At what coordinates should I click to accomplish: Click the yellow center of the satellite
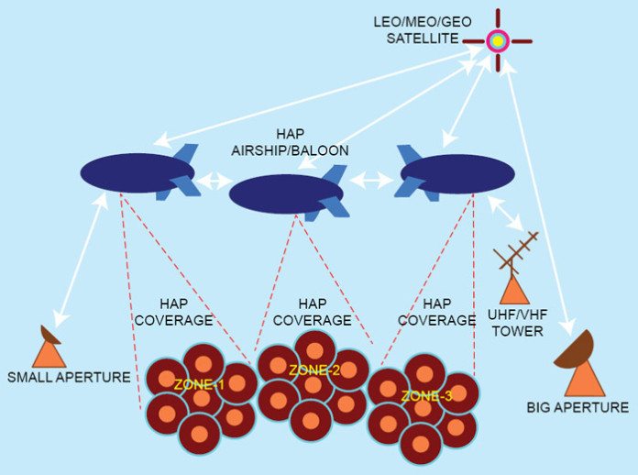click(497, 40)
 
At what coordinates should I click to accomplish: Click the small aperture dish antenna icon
click(48, 348)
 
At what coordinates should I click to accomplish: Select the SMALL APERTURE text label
click(68, 377)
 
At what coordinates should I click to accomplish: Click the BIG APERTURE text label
click(577, 407)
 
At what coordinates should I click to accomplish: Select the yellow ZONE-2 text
click(313, 370)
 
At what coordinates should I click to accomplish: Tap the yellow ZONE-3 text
click(426, 395)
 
